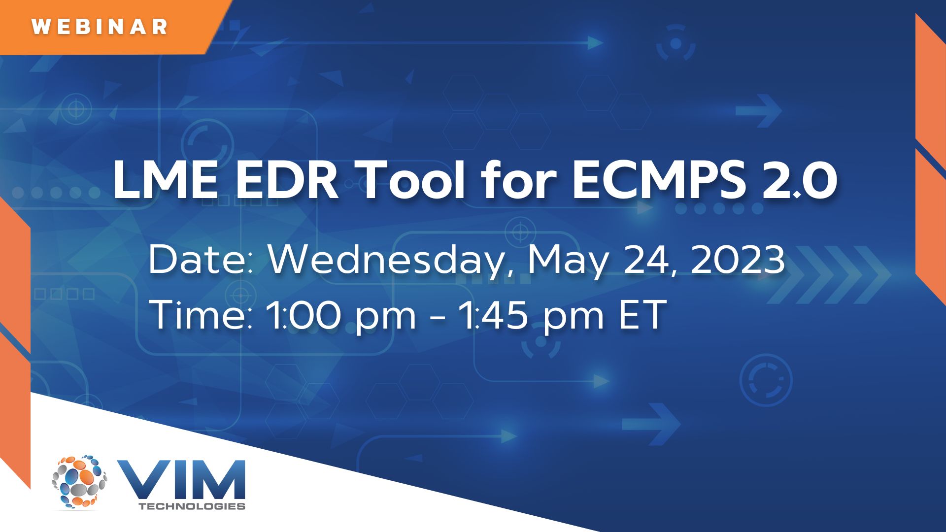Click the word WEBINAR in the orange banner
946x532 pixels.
tap(100, 27)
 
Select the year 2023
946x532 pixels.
tap(738, 259)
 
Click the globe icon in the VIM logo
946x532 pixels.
tap(79, 481)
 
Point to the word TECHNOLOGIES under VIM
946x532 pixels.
tap(192, 506)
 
